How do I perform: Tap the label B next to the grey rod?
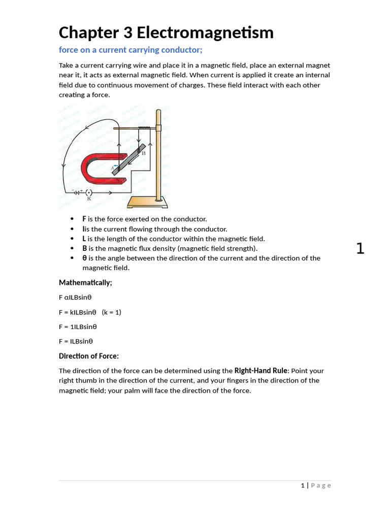[143, 153]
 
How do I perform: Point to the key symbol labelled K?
[89, 193]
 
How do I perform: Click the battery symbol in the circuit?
[77, 192]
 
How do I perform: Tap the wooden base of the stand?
[147, 203]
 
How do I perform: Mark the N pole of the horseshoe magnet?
[118, 180]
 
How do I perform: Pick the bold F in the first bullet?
[84, 219]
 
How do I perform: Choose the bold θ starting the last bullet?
[84, 258]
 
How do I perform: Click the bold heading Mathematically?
[85, 282]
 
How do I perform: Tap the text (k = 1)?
[111, 312]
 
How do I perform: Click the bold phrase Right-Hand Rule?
[261, 371]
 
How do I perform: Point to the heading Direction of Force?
[88, 356]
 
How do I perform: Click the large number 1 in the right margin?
[360, 249]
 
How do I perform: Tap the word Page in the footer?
[321, 485]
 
